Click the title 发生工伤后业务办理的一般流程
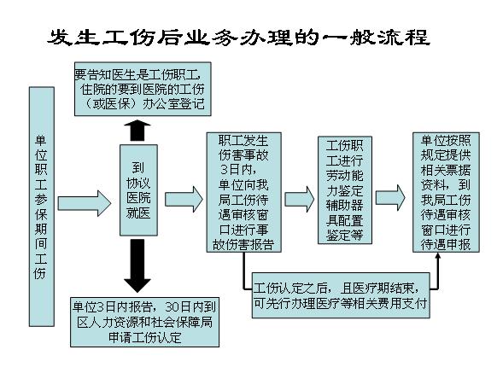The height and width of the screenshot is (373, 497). point(238,38)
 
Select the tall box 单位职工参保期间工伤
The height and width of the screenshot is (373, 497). point(42,207)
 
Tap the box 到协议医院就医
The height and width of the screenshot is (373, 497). point(138,190)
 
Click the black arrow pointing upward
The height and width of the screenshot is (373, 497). point(137,131)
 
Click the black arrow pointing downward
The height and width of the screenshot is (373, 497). point(137,265)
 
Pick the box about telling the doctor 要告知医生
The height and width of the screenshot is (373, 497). point(143,89)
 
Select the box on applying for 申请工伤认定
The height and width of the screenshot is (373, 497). point(144,322)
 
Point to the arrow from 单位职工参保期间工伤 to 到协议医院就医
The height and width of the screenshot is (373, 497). point(85,203)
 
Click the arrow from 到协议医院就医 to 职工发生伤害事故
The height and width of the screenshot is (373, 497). point(184,200)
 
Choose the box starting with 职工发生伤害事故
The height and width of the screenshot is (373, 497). point(243,192)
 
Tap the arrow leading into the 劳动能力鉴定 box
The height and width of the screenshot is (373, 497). point(299,200)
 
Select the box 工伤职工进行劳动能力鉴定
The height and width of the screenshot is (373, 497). point(344,190)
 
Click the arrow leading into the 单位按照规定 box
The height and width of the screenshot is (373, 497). point(390,198)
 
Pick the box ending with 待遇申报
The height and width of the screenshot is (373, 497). point(446,192)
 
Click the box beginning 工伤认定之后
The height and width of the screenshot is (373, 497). point(341,295)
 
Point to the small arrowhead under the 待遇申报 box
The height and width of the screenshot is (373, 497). point(438,256)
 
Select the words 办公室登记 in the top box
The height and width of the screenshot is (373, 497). point(173,104)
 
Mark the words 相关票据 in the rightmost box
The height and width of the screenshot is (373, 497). point(446,170)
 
